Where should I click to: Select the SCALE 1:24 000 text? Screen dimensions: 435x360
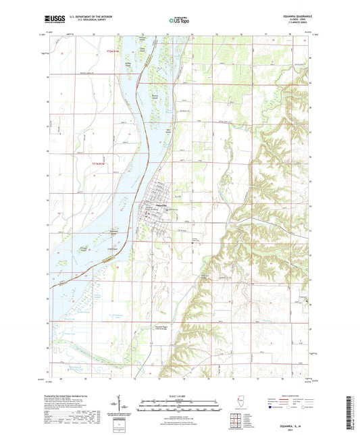pos(179,396)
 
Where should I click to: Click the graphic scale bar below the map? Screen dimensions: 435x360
pos(179,405)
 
